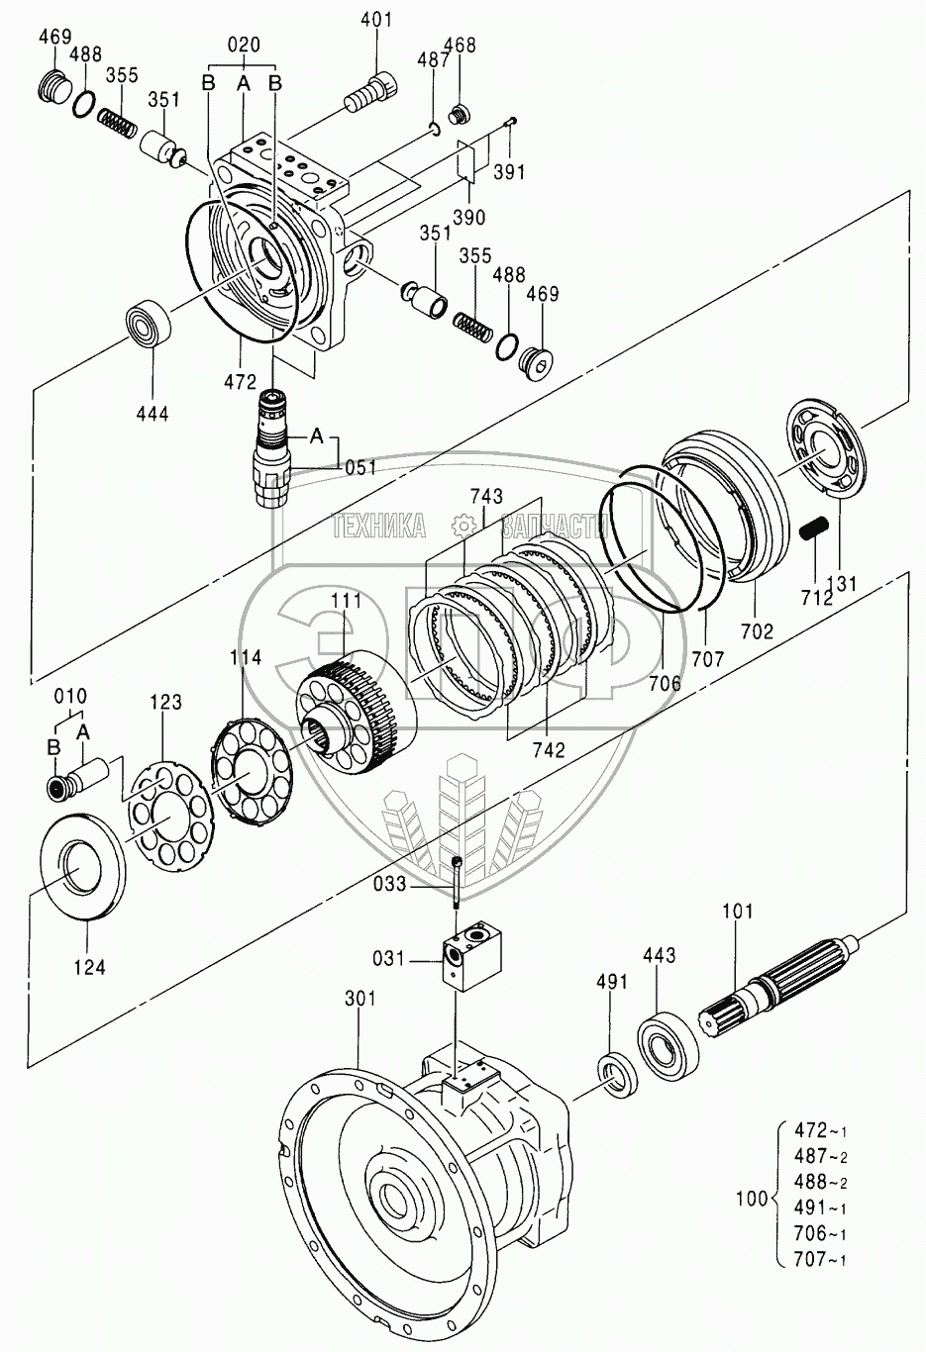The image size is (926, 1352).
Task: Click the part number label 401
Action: [376, 20]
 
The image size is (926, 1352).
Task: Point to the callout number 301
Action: [360, 999]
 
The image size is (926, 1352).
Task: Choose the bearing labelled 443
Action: [659, 1039]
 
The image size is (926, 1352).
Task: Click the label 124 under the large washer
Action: [90, 966]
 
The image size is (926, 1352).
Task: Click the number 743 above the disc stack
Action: [487, 496]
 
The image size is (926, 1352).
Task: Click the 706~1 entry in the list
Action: [820, 1233]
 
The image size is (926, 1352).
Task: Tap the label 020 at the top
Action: [244, 45]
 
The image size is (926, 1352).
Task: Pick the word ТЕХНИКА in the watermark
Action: [380, 527]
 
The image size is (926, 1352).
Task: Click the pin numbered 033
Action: [456, 881]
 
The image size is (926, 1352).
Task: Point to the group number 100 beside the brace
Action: [752, 1200]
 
